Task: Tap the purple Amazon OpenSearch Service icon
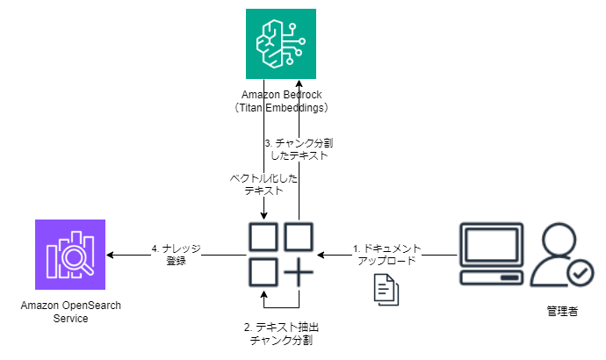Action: click(x=70, y=255)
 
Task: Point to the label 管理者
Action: click(x=562, y=312)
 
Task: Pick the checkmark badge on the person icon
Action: click(x=581, y=275)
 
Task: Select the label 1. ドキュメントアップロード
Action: click(x=387, y=254)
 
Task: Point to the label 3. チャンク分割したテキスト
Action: click(x=299, y=148)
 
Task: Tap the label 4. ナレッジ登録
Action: click(x=176, y=254)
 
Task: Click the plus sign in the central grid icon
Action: click(x=299, y=273)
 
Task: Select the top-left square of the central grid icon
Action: click(x=262, y=237)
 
